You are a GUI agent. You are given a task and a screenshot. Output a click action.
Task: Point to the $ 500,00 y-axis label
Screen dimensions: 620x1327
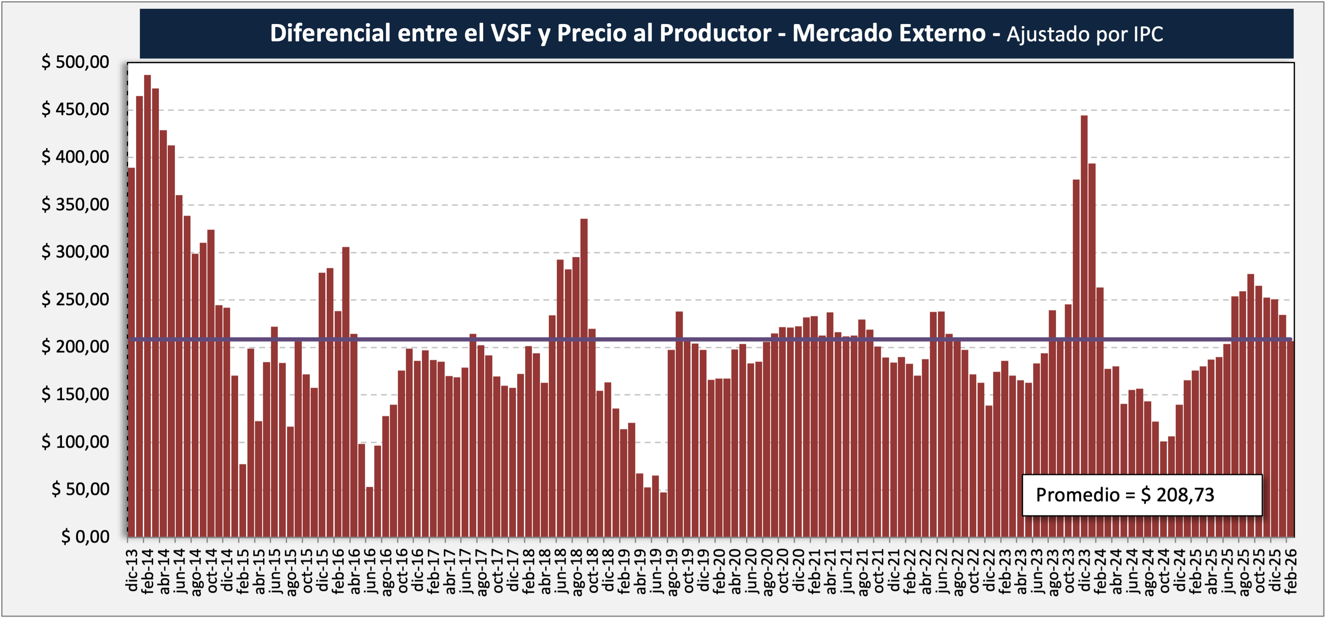75,62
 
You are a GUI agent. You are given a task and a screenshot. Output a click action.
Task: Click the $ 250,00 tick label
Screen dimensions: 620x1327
75,299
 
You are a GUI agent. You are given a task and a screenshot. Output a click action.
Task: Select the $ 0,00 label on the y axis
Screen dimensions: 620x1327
85,537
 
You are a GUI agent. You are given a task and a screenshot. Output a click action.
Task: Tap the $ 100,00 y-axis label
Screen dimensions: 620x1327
75,441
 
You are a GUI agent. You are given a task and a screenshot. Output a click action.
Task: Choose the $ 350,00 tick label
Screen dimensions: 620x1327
75,204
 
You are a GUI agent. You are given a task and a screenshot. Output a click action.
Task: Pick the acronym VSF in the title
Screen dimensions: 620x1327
511,33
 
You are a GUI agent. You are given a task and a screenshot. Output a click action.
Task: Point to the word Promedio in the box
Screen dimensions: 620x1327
1078,495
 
